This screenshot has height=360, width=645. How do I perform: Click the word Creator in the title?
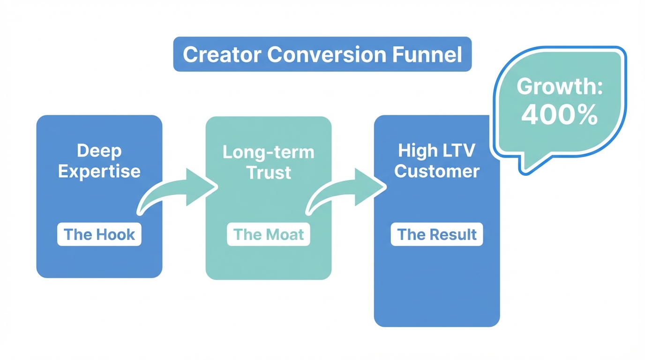222,55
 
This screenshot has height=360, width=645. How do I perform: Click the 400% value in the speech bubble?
559,115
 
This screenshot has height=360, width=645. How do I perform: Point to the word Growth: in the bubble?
559,87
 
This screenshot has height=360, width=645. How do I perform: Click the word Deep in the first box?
99,151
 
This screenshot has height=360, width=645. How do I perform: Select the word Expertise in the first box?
99,171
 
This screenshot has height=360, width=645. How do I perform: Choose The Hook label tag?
99,234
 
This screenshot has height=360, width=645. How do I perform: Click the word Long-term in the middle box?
268,152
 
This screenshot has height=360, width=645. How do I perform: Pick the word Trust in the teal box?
268,172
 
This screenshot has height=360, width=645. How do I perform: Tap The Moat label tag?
268,234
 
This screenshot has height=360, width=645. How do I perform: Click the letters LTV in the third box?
458,150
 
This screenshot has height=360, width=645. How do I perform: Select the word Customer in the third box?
436,171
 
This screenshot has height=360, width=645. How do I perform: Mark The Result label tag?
436,234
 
